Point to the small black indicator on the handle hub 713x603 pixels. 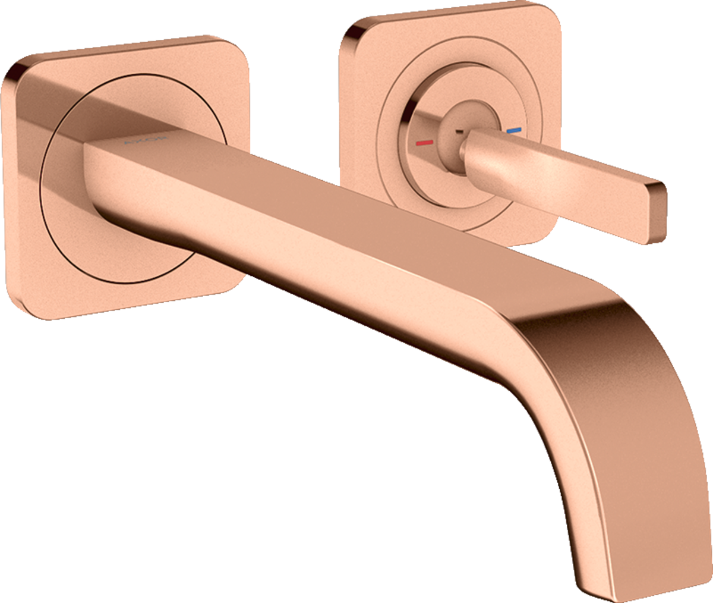point(459,115)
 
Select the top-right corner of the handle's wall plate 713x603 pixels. point(550,15)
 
